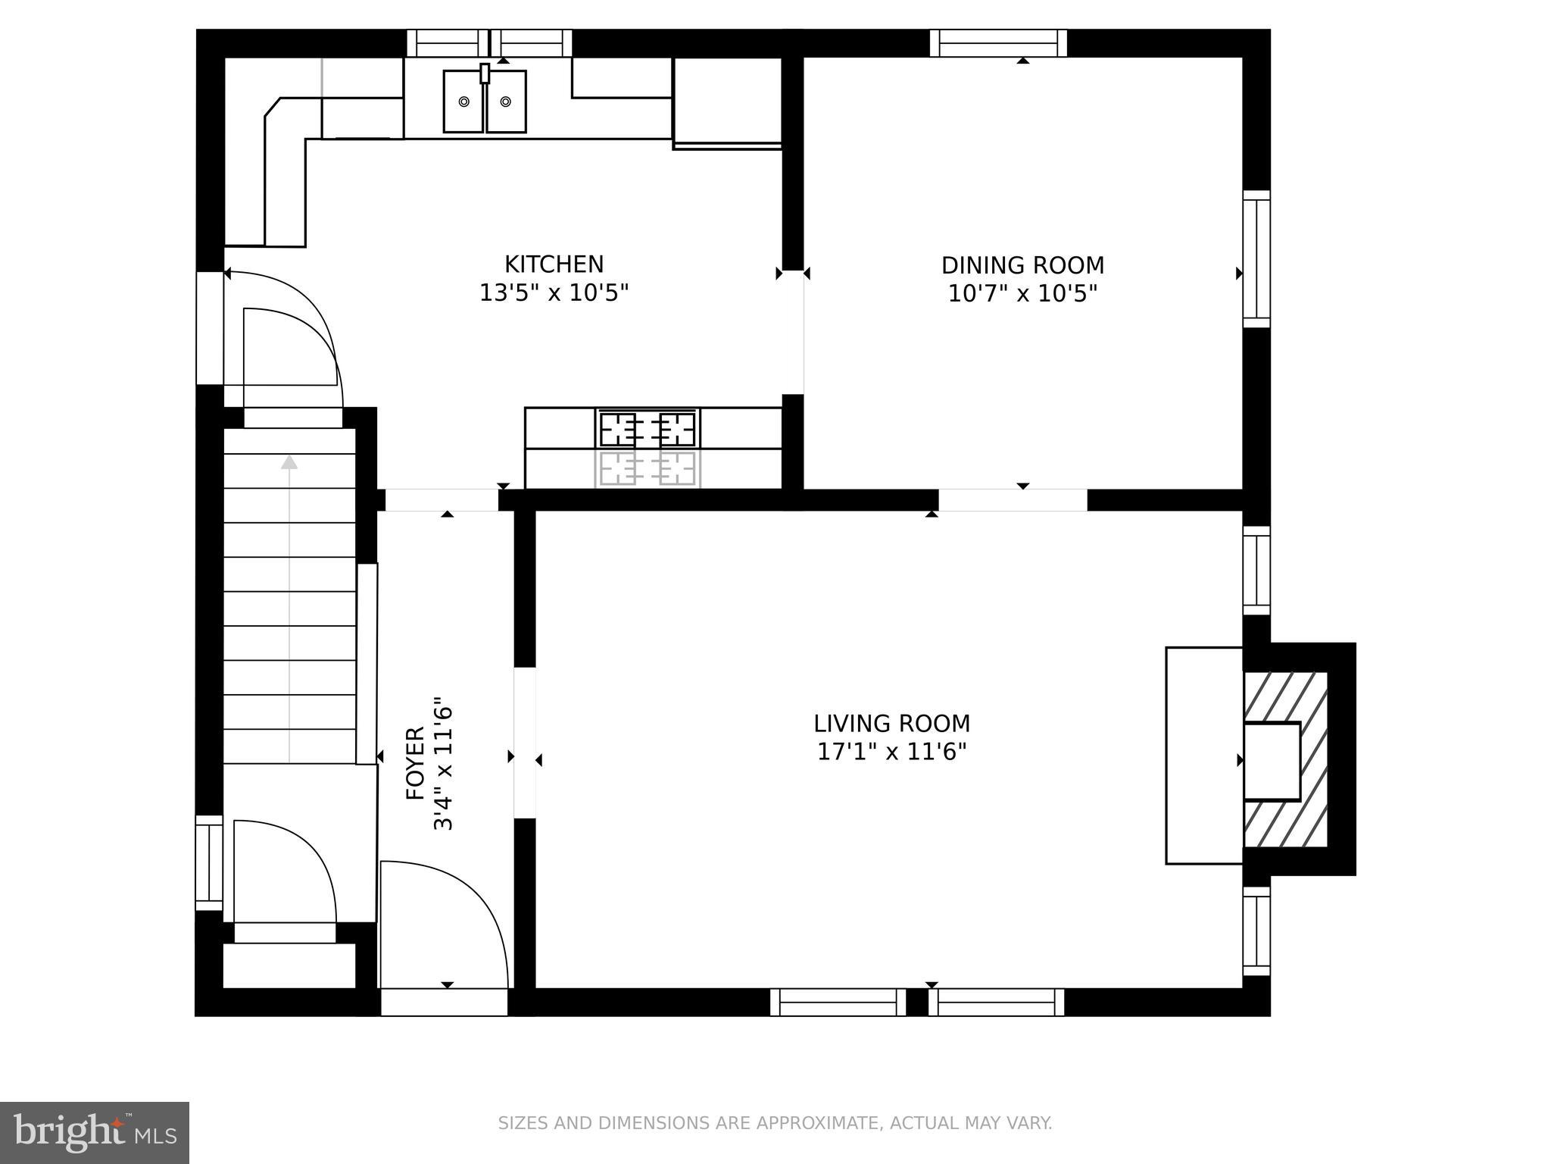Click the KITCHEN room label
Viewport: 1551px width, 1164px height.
(554, 264)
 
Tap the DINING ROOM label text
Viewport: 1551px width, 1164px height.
(1022, 265)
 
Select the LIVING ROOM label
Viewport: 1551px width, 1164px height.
(891, 724)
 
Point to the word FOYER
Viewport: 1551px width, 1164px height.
(416, 763)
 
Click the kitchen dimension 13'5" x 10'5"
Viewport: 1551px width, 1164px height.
(554, 293)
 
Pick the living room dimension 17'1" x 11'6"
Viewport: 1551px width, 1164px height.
(891, 752)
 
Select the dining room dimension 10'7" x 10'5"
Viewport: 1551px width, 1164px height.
(1022, 293)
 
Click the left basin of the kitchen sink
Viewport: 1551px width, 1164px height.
(463, 102)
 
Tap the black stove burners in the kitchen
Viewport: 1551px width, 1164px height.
(648, 429)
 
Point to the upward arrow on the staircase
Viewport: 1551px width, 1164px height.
(289, 462)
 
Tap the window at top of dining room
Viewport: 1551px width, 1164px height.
(998, 43)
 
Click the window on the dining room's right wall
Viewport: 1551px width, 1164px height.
(1256, 259)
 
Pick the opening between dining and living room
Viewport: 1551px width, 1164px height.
(1013, 500)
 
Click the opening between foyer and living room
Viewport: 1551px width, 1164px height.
(525, 743)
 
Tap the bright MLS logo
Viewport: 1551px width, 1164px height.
(95, 1132)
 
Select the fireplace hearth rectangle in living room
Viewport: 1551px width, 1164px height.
(1203, 755)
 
